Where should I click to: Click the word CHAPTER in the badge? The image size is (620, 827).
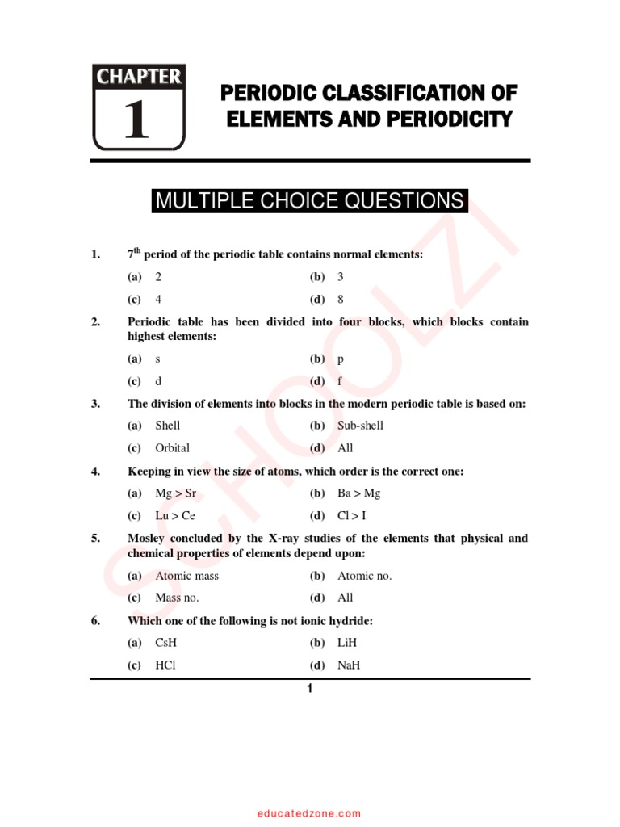pyautogui.click(x=139, y=78)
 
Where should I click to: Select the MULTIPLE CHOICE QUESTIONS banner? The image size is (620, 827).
pyautogui.click(x=309, y=201)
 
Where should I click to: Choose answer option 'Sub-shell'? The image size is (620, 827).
pyautogui.click(x=360, y=426)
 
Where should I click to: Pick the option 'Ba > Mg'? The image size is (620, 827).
pyautogui.click(x=358, y=493)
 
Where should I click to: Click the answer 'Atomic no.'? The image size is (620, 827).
pyautogui.click(x=364, y=576)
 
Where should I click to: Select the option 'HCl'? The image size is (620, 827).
pyautogui.click(x=165, y=665)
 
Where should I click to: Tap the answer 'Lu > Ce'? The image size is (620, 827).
pyautogui.click(x=175, y=515)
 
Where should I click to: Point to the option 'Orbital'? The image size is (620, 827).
pyautogui.click(x=173, y=447)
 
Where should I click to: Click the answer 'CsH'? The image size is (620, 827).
pyautogui.click(x=167, y=643)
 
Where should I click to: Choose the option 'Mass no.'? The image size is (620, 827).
pyautogui.click(x=177, y=598)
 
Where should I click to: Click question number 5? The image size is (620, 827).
pyautogui.click(x=95, y=539)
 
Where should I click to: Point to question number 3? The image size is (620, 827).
pyautogui.click(x=95, y=404)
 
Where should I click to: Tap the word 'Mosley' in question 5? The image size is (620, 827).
pyautogui.click(x=148, y=539)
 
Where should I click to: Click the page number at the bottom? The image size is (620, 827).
pyautogui.click(x=308, y=689)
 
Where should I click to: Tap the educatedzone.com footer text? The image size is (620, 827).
pyautogui.click(x=310, y=814)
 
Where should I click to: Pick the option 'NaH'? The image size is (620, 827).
pyautogui.click(x=350, y=665)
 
